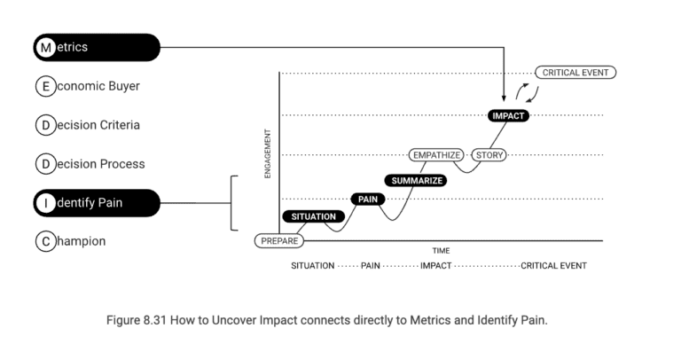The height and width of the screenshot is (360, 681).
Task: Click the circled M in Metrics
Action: (x=45, y=47)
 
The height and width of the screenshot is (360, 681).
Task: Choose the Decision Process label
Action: (x=90, y=164)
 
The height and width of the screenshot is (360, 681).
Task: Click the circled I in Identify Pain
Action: (x=45, y=203)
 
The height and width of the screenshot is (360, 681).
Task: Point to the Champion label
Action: (x=70, y=241)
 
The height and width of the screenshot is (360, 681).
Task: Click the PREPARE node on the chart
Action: (x=278, y=240)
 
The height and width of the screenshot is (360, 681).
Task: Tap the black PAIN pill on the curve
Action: (x=368, y=199)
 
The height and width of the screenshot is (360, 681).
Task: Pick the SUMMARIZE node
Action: (x=415, y=180)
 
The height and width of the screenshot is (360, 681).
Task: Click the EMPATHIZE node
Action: (x=436, y=155)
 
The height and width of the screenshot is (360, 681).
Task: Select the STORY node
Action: (x=489, y=155)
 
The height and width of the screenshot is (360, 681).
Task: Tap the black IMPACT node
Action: (x=508, y=115)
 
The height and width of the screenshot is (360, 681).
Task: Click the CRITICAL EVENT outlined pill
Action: (x=575, y=73)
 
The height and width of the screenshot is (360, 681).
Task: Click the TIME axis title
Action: (x=441, y=251)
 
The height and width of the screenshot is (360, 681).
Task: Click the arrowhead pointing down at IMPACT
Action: (x=504, y=98)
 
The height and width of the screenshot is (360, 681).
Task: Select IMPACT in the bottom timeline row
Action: (x=435, y=266)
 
